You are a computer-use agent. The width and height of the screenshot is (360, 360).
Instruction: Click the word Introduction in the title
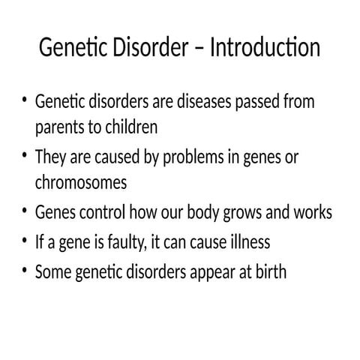point(265,49)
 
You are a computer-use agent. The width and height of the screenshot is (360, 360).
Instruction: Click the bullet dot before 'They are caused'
point(25,156)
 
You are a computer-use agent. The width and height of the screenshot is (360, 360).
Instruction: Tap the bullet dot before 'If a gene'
point(25,242)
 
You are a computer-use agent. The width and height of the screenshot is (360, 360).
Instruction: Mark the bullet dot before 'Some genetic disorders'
point(25,271)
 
